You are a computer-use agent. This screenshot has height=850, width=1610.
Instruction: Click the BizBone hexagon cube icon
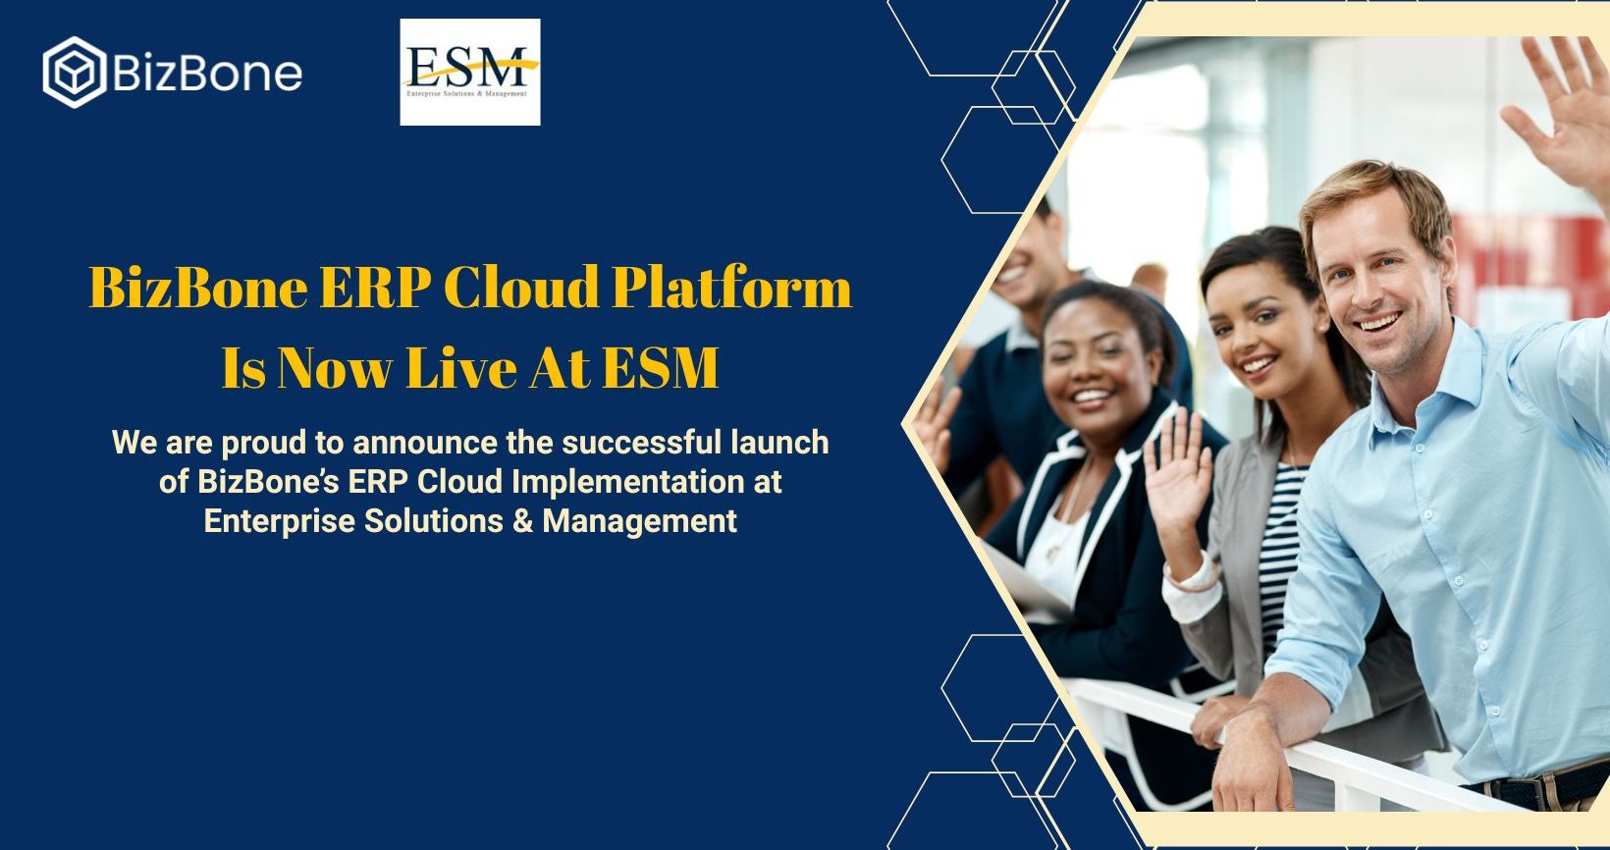pos(75,73)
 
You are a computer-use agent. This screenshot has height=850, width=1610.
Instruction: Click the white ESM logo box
pos(470,72)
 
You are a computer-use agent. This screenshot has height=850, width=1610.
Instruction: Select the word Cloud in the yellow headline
pos(521,287)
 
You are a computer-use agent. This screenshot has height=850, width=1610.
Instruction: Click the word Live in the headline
pos(460,368)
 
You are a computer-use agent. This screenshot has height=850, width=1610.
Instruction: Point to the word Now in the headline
pos(334,368)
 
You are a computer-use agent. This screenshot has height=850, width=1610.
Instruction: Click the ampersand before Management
pos(523,521)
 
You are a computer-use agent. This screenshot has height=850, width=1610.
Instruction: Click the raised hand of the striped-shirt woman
pos(1178,474)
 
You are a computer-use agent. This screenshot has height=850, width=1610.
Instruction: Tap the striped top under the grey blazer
pos(1279,554)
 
